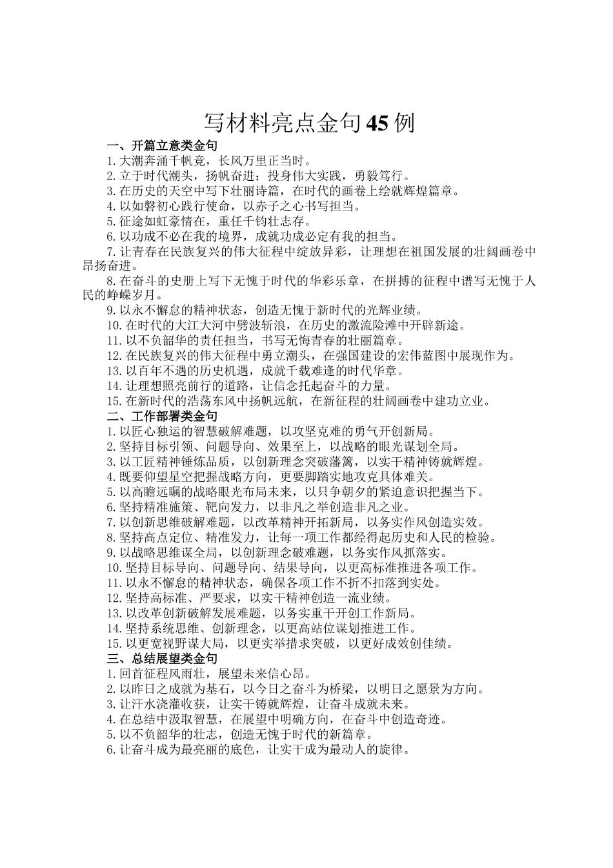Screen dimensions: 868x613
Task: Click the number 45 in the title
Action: (x=377, y=123)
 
